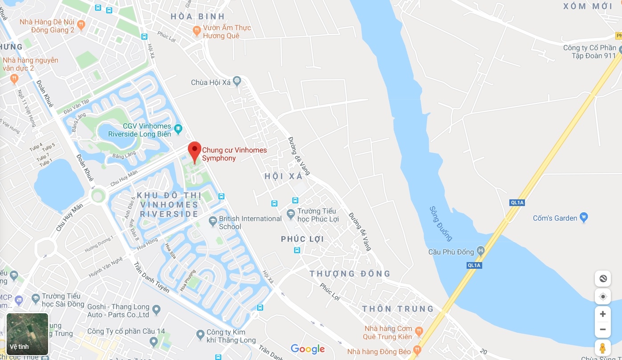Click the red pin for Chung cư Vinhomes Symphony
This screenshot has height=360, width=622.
(x=194, y=151)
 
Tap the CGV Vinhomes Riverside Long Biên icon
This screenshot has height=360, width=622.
(x=179, y=129)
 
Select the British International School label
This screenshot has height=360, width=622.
(x=250, y=222)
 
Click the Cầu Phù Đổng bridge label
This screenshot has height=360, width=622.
(x=451, y=252)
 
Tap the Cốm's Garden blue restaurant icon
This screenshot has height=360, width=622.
(x=584, y=218)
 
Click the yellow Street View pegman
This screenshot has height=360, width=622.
(x=602, y=348)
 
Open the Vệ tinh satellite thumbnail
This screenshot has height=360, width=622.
(x=27, y=334)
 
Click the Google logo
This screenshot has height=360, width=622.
(x=308, y=349)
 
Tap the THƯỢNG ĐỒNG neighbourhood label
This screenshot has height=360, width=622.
(x=350, y=274)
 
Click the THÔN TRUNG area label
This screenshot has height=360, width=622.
(x=398, y=309)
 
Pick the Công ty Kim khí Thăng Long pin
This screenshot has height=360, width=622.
(x=200, y=334)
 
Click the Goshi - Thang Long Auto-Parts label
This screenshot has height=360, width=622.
(x=118, y=311)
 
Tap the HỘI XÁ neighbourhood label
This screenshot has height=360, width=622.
(x=283, y=176)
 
